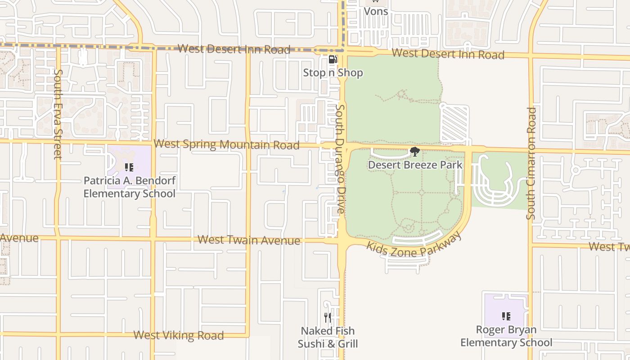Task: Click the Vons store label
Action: [x=376, y=11]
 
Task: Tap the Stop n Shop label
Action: [x=333, y=72]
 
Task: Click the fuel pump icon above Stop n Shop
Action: [x=333, y=59]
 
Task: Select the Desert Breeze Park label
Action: [x=415, y=165]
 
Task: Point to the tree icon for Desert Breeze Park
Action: [x=414, y=152]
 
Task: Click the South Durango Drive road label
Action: [x=341, y=159]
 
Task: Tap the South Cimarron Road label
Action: [x=531, y=163]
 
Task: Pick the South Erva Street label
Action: [x=58, y=114]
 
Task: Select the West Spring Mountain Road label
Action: [x=226, y=144]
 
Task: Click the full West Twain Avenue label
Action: [x=249, y=240]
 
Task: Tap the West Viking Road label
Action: [x=178, y=335]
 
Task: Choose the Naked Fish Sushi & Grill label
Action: [x=328, y=337]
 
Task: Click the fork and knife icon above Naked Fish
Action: [x=328, y=318]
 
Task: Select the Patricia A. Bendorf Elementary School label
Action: [x=130, y=187]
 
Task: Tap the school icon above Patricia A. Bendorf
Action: [x=129, y=168]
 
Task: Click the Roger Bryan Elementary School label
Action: [x=506, y=336]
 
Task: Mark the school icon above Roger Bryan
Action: [x=506, y=316]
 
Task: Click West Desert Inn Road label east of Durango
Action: [x=448, y=54]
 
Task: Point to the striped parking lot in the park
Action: [x=454, y=124]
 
